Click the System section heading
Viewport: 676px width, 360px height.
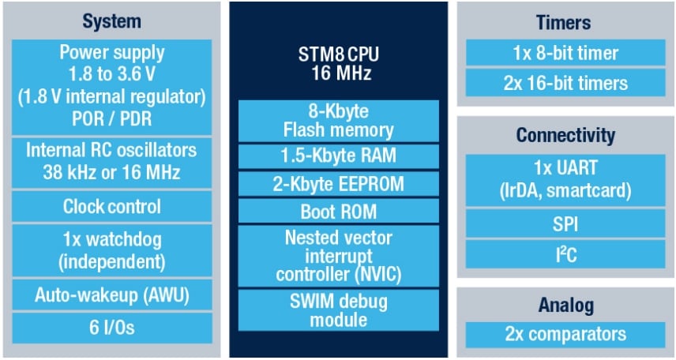coord(112,21)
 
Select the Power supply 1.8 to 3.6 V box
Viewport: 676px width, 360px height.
coord(112,87)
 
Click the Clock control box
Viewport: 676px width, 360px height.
coord(112,207)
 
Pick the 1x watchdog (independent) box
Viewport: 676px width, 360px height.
coord(112,250)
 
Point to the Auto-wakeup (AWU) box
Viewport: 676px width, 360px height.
coord(112,296)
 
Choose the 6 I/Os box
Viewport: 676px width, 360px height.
coord(112,328)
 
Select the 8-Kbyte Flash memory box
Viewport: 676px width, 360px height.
coord(338,120)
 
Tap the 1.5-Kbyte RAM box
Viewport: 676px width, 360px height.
coord(338,156)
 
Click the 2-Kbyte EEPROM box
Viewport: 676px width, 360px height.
coord(338,184)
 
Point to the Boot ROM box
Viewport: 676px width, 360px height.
coord(338,212)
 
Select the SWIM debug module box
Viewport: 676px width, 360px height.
coord(338,311)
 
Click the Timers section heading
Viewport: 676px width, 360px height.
coord(563,21)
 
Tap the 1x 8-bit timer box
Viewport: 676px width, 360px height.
coord(563,54)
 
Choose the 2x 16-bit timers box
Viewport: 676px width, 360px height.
coord(563,82)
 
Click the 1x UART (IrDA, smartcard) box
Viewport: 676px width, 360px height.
coord(563,180)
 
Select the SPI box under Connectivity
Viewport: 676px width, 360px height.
coord(563,223)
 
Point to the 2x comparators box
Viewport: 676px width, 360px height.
coord(563,334)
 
